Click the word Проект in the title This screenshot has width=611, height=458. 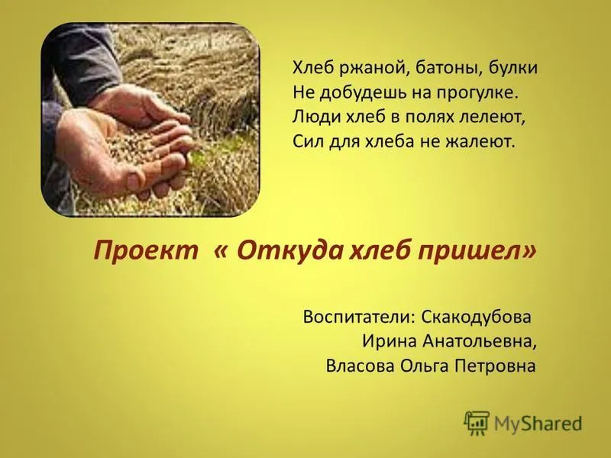146,250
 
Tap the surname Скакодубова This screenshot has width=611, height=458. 476,317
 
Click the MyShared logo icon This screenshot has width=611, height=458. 476,423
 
